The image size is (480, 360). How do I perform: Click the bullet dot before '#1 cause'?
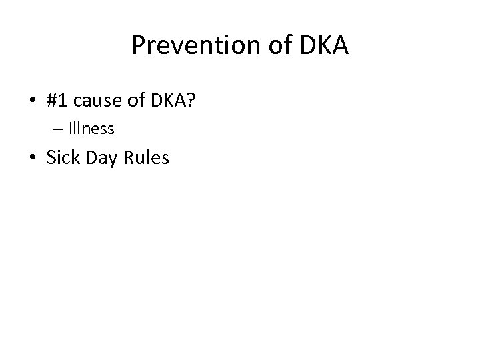click(32, 101)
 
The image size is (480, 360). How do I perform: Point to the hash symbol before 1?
click(53, 101)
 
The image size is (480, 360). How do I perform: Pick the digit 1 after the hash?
click(65, 101)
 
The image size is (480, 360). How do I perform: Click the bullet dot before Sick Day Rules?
click(32, 159)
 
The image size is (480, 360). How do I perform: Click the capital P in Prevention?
click(138, 46)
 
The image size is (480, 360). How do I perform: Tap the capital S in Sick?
click(51, 158)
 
